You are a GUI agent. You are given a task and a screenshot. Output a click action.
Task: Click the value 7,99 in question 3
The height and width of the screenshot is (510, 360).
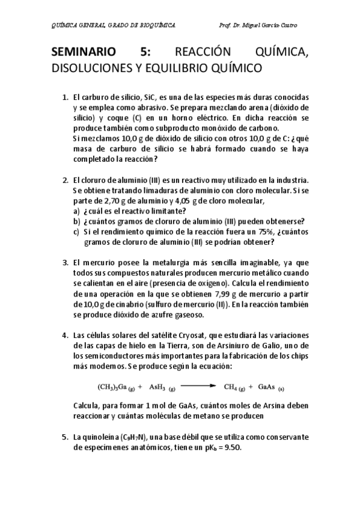pyautogui.click(x=225, y=293)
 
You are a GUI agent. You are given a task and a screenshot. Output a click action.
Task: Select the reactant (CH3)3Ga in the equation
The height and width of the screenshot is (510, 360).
pyautogui.click(x=114, y=387)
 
